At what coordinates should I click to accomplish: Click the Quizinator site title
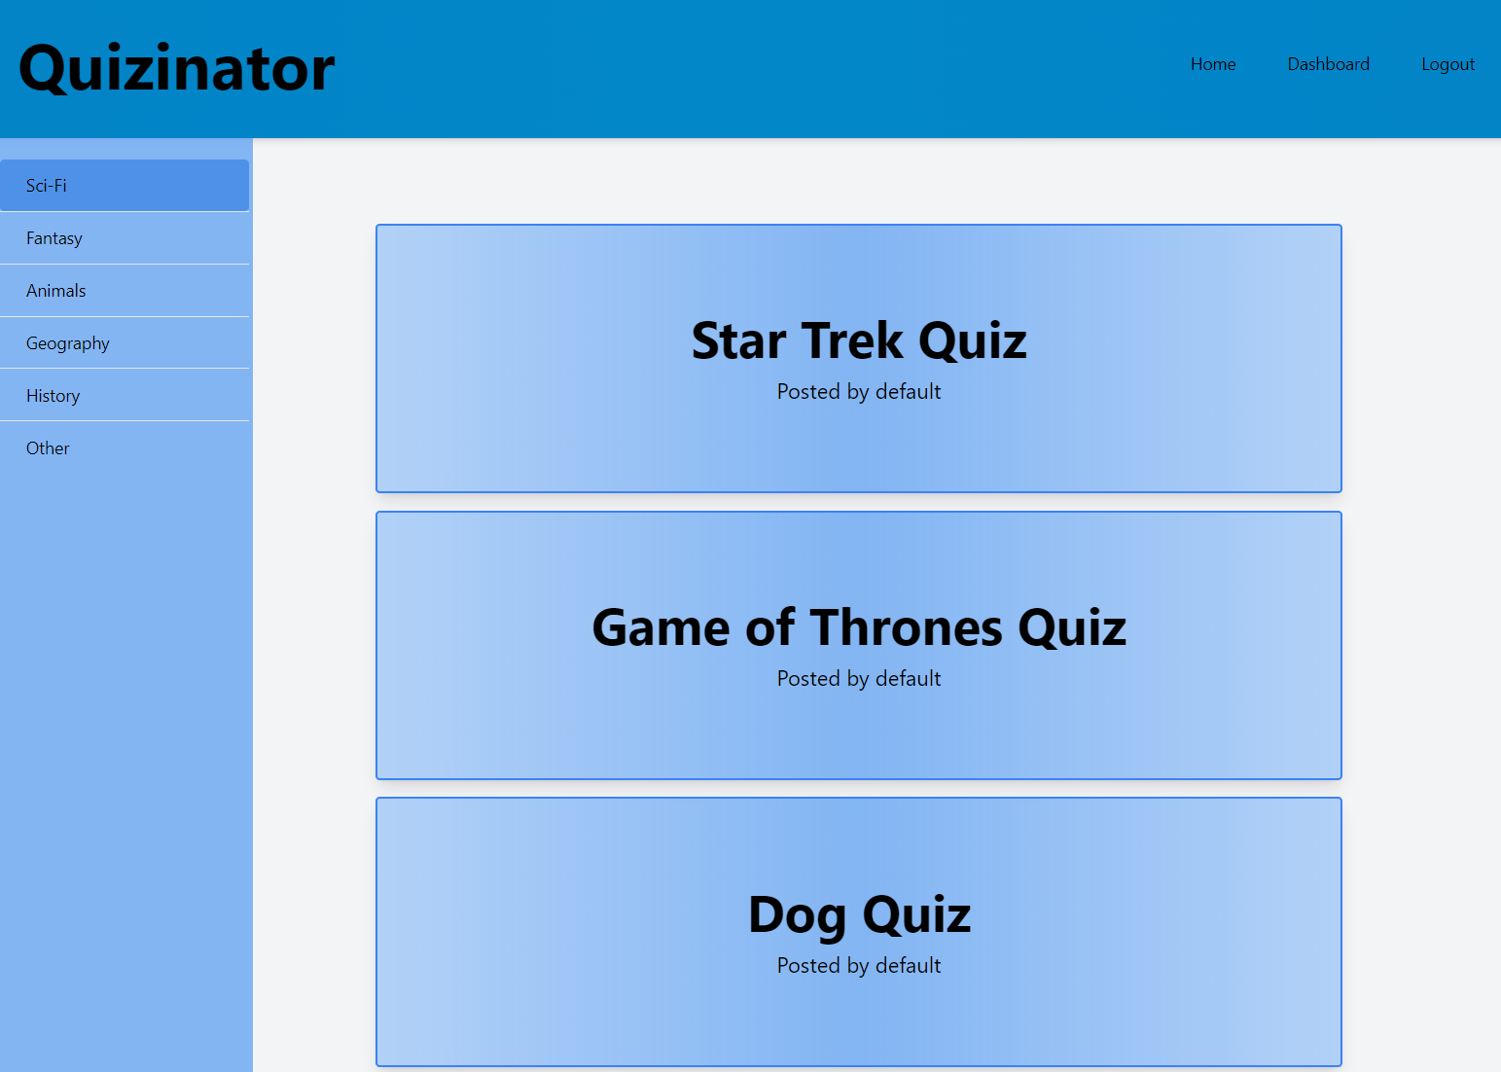pyautogui.click(x=177, y=68)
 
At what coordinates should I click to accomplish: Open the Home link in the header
pyautogui.click(x=1213, y=64)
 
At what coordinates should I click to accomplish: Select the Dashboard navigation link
pyautogui.click(x=1328, y=64)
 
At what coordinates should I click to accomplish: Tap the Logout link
pyautogui.click(x=1447, y=65)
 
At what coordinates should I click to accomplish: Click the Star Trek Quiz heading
pyautogui.click(x=858, y=341)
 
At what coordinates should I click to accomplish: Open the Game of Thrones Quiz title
pyautogui.click(x=858, y=627)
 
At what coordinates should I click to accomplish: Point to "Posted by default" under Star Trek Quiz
pyautogui.click(x=858, y=392)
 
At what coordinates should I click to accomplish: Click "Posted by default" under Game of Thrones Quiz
pyautogui.click(x=858, y=679)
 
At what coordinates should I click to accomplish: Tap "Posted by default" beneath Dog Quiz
pyautogui.click(x=858, y=966)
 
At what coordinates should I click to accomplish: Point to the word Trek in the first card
pyautogui.click(x=852, y=341)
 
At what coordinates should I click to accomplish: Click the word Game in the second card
pyautogui.click(x=661, y=627)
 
